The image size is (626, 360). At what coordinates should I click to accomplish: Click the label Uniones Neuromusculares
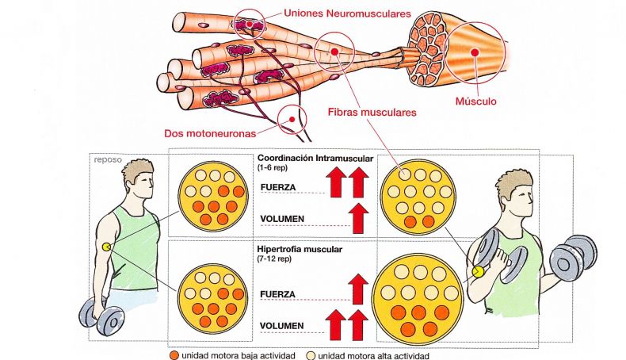coord(347,13)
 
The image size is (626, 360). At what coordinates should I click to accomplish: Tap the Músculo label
coord(476,101)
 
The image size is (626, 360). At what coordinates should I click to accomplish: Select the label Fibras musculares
coord(372,113)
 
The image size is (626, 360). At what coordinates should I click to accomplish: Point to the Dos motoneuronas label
coord(210,133)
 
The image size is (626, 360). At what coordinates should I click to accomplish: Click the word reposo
coord(108,160)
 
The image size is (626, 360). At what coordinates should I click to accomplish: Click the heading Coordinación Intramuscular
coord(315,159)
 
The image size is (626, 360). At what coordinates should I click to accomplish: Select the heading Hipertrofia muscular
coord(300,249)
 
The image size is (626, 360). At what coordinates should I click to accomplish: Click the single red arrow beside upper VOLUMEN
coord(360,218)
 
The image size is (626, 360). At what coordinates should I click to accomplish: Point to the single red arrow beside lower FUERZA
coord(358,289)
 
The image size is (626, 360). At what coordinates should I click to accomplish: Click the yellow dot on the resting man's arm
coord(106,247)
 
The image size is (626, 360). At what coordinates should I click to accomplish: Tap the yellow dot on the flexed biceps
coord(479,272)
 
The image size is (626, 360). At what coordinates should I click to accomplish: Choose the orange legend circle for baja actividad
coord(174,355)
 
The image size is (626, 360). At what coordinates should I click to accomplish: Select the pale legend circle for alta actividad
coord(311,355)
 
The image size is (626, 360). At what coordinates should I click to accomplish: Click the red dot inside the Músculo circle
coord(475,52)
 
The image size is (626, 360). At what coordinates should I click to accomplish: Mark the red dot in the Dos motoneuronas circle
coord(292,119)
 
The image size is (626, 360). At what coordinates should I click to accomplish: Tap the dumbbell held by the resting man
coord(101,316)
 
